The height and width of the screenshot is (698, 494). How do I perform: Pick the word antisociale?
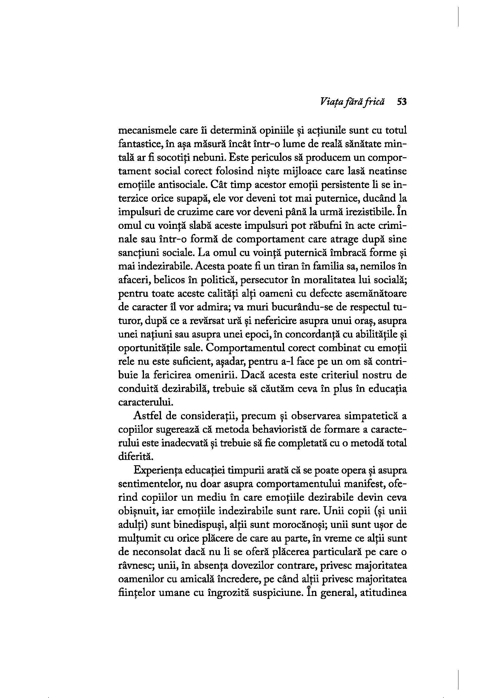(159, 185)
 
